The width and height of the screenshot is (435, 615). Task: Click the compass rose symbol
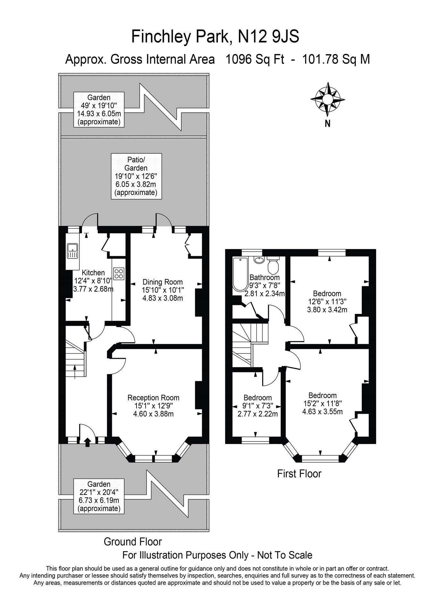[327, 99]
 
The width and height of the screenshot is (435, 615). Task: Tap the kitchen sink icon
[72, 250]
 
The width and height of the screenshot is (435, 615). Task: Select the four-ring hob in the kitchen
[119, 274]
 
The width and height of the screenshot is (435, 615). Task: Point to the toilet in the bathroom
[273, 266]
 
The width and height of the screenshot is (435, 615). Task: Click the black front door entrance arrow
[87, 442]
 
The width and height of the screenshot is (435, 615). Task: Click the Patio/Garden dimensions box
[136, 176]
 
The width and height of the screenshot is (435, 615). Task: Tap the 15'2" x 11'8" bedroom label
[322, 403]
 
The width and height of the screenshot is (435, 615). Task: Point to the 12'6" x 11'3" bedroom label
[327, 301]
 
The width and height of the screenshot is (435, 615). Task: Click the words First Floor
[299, 473]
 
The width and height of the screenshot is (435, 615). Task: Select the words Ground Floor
[133, 542]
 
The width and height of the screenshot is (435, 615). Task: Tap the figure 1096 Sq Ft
[255, 59]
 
